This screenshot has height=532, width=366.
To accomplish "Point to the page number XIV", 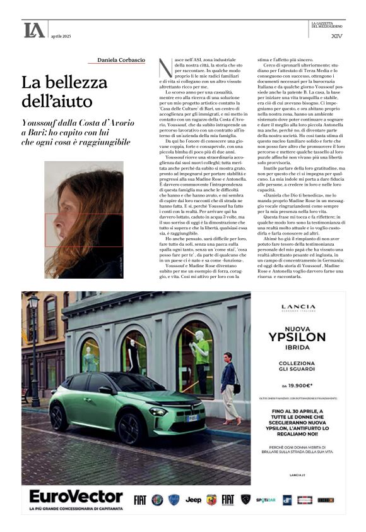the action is click(x=336, y=35).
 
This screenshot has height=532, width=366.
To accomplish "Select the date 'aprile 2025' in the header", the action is click(x=61, y=36).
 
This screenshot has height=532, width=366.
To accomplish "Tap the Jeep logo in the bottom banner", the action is click(x=193, y=500).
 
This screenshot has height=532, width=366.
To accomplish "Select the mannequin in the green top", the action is click(x=201, y=354).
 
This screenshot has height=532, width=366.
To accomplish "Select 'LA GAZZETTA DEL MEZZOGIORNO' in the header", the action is click(x=328, y=25).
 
